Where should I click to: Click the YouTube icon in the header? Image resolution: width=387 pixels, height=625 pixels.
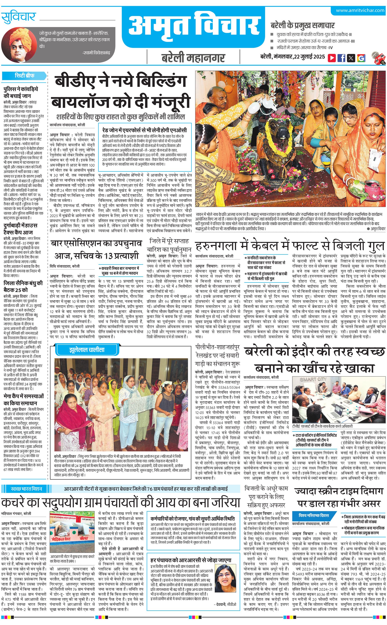[332, 58]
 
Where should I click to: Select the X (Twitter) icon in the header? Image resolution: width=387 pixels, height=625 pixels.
[351, 58]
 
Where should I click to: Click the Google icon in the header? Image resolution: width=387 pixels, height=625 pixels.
[361, 58]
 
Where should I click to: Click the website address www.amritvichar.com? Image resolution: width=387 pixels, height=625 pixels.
[360, 10]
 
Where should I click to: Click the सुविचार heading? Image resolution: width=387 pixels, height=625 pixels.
[18, 17]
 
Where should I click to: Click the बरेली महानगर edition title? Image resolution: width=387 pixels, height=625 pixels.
[193, 58]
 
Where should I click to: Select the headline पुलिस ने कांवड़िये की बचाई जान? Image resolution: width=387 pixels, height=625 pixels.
[21, 92]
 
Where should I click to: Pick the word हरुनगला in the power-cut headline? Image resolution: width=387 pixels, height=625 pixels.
[217, 246]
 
